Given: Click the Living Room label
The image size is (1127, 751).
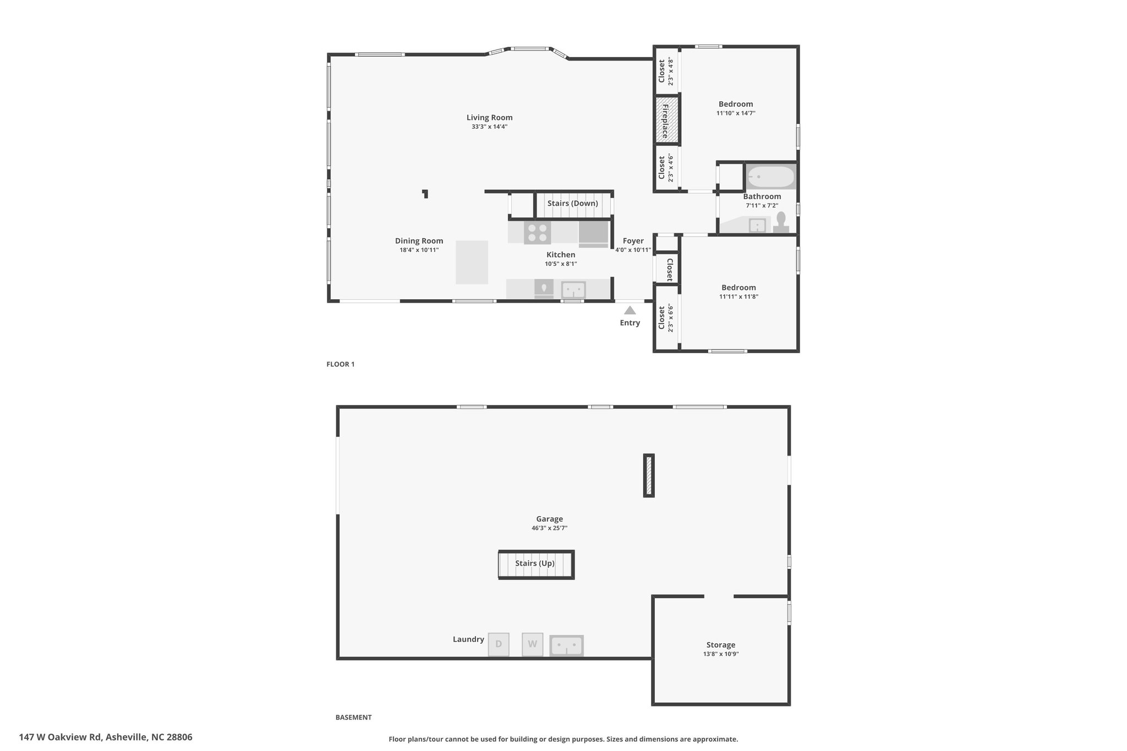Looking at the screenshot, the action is coord(489,117).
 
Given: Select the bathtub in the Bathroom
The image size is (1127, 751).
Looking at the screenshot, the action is coord(770,177).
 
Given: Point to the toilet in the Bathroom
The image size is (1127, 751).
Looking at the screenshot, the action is coord(780,223).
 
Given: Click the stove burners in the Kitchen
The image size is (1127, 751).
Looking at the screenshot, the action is coord(537,232).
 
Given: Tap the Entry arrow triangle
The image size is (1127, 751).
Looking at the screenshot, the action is coord(630,310).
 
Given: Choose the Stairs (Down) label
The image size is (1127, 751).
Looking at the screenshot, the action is coord(572,203).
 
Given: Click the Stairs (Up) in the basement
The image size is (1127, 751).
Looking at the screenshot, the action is coord(536,564).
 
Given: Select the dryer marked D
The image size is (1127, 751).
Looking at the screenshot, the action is coord(499,644).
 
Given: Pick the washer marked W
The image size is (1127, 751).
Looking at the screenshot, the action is coord(532,644).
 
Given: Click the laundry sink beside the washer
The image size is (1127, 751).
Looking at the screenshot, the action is coord(566,645).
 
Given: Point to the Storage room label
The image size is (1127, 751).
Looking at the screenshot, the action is coord(721,645).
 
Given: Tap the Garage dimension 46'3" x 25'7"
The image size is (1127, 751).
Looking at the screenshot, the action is coord(549,528).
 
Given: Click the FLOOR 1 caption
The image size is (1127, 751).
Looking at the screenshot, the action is coord(341,364).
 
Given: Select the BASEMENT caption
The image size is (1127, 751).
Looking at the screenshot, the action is coord(354,717).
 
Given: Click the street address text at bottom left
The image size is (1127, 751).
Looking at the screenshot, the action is coord(106,737).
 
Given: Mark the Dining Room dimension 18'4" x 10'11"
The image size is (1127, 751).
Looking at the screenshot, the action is coord(419,250).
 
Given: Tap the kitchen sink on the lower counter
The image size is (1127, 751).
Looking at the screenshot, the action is coord(573,289).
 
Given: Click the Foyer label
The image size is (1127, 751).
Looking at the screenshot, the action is coord(633,241).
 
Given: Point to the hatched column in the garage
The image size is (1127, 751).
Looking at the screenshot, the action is coord(649,475).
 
